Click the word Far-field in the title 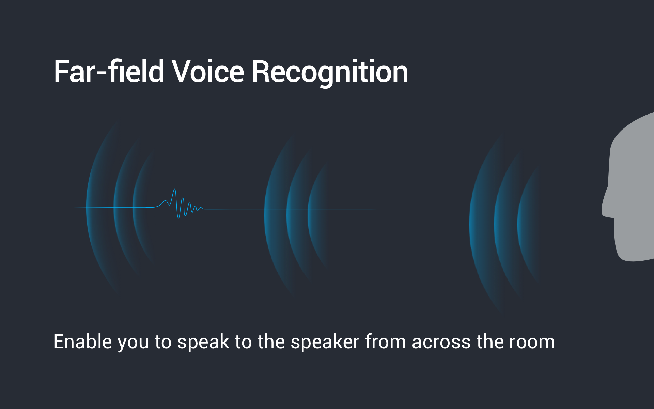click(x=109, y=71)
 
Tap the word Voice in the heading click(x=208, y=71)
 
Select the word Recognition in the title click(x=330, y=73)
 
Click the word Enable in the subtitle click(x=83, y=342)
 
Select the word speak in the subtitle click(x=203, y=343)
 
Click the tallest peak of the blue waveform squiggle click(x=174, y=190)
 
